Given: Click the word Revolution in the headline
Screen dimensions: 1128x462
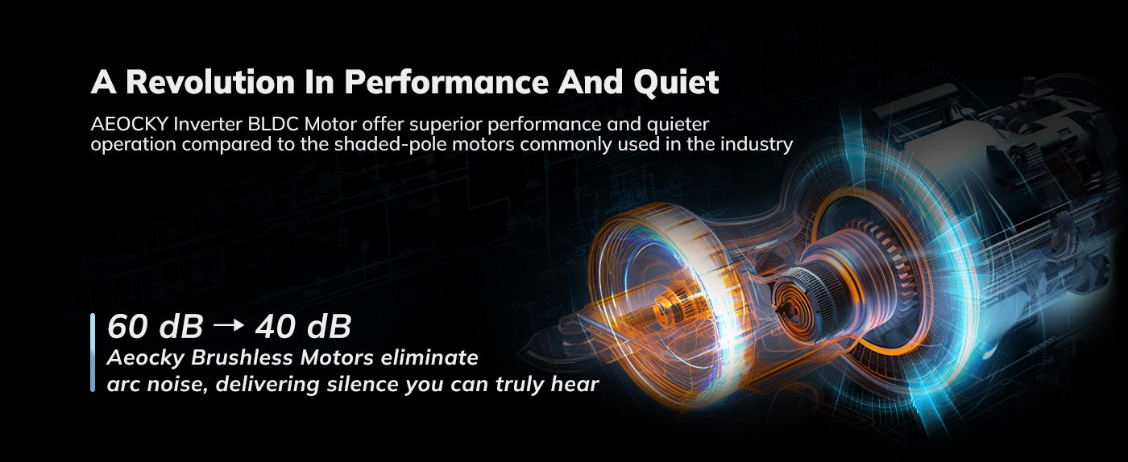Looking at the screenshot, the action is tap(210, 81).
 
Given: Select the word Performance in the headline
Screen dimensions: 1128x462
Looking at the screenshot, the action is tap(446, 81).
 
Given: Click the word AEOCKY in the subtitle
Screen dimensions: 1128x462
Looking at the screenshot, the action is tap(130, 124).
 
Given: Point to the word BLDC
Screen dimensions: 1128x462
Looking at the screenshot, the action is tap(273, 124).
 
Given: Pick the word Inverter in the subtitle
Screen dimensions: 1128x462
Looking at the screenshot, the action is tap(208, 124).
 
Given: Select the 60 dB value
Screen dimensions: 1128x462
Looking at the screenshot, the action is tap(155, 327).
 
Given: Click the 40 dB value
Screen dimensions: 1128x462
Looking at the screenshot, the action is tap(303, 327).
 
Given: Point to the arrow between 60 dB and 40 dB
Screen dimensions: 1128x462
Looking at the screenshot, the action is tap(229, 326).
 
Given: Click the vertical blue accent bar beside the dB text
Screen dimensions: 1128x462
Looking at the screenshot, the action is tap(93, 353).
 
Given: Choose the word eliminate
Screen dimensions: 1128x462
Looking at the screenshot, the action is tap(429, 358).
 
